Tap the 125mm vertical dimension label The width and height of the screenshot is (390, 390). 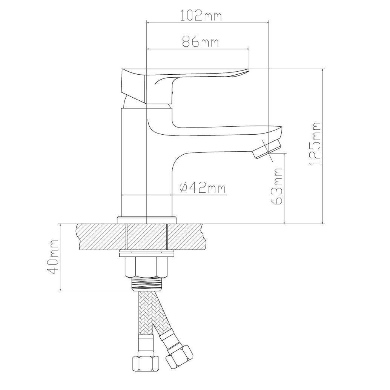pos(315,143)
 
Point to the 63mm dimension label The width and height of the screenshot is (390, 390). pos(277,186)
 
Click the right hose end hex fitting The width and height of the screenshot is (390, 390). pos(179,355)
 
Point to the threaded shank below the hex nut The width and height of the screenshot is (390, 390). pos(146,284)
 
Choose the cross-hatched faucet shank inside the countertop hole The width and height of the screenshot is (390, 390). pos(147,236)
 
